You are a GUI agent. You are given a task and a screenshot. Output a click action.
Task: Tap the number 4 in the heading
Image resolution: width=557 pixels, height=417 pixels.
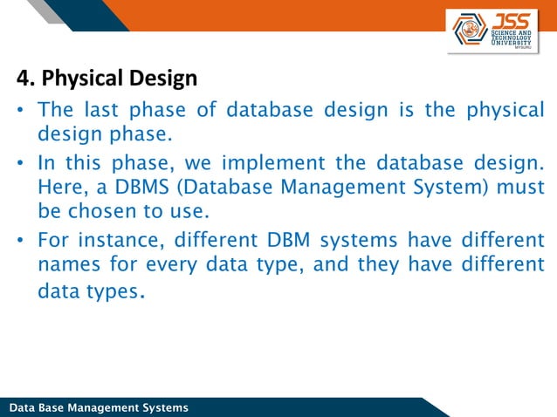23,79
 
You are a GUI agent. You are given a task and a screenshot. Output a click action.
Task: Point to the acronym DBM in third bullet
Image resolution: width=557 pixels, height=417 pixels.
285,240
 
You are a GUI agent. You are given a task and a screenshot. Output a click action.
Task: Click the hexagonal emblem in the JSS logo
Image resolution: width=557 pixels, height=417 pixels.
471,31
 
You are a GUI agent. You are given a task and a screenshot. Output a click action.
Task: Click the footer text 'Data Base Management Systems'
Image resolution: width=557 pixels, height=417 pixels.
98,408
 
